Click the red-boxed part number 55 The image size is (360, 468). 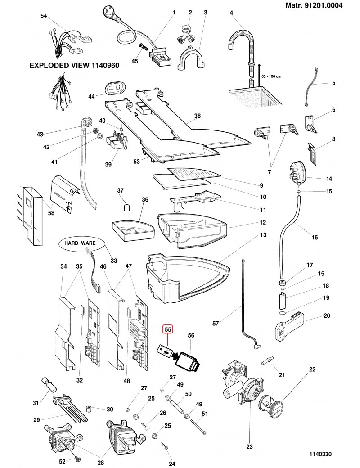pyautogui.click(x=167, y=329)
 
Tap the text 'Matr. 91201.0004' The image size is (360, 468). pyautogui.click(x=314, y=6)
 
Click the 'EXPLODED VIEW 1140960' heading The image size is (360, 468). pyautogui.click(x=74, y=65)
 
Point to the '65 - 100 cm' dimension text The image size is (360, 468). pyautogui.click(x=272, y=76)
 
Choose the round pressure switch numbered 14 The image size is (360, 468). pyautogui.click(x=297, y=173)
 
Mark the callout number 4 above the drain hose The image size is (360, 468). pyautogui.click(x=231, y=13)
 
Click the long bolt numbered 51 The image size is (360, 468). pyautogui.click(x=198, y=425)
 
